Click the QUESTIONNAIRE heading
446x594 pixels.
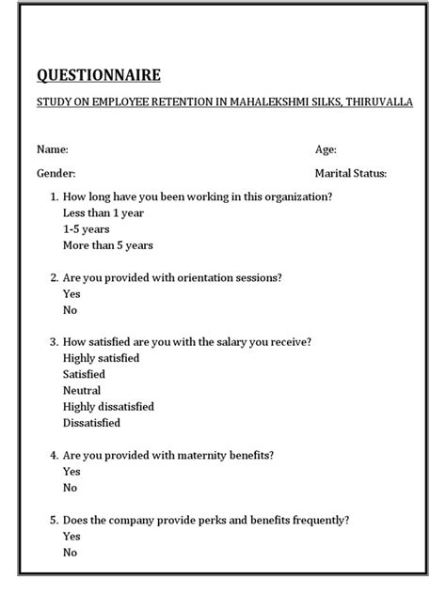[98, 75]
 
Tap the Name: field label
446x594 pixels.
[52, 149]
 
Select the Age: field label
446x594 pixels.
[326, 149]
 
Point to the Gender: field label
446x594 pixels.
[56, 173]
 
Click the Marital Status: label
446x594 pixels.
[350, 173]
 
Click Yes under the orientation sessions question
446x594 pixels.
[72, 293]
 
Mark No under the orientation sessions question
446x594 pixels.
[70, 309]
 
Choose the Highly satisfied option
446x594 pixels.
[101, 358]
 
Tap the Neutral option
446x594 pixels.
[82, 390]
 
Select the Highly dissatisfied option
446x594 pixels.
[108, 406]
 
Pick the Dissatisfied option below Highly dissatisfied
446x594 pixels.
[91, 423]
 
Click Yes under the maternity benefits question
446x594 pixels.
[72, 471]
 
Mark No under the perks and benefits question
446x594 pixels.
[70, 552]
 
